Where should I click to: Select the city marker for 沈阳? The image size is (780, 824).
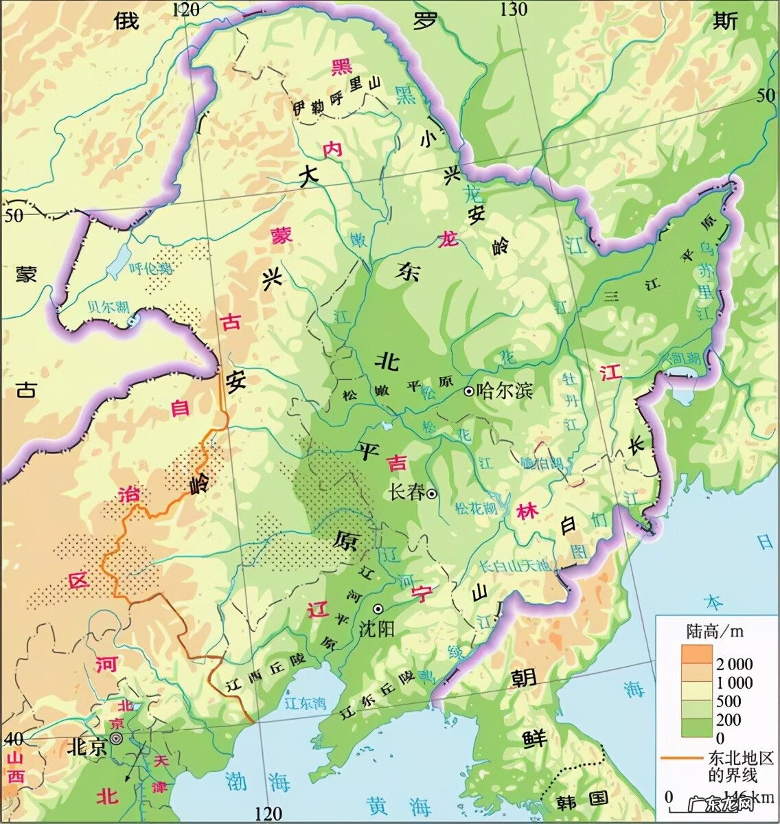378,609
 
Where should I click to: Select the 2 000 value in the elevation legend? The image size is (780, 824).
734,664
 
